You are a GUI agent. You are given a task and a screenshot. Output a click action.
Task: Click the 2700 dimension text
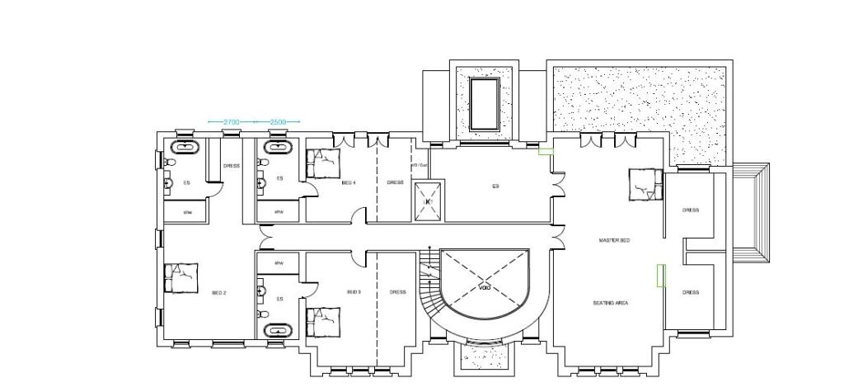tap(232, 122)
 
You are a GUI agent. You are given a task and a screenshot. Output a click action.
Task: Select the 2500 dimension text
tap(278, 122)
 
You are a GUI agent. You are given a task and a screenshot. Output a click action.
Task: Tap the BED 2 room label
tap(218, 293)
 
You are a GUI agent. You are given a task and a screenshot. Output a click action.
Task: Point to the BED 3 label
tap(354, 292)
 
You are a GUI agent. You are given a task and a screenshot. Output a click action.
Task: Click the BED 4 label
tap(348, 182)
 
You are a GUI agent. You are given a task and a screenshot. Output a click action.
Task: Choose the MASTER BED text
tap(613, 240)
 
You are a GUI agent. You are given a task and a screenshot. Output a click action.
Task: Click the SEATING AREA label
tap(610, 303)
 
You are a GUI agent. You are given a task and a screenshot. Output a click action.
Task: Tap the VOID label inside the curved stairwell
tap(484, 288)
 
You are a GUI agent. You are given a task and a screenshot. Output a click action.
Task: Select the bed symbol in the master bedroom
tap(645, 184)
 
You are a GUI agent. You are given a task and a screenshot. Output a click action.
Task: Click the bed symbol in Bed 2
tap(181, 279)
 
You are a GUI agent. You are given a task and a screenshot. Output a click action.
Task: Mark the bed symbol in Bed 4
tap(323, 163)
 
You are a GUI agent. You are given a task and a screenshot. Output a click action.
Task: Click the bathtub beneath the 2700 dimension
tap(185, 149)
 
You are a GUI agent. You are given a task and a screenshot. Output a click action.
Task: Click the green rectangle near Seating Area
tap(660, 275)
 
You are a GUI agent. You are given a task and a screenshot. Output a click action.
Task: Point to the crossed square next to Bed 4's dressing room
tap(428, 201)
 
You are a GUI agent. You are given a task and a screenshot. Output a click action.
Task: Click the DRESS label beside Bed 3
tap(397, 292)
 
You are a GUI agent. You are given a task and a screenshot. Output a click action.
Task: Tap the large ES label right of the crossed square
tap(495, 187)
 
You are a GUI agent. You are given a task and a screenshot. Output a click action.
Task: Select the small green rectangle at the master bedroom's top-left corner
tap(545, 151)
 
